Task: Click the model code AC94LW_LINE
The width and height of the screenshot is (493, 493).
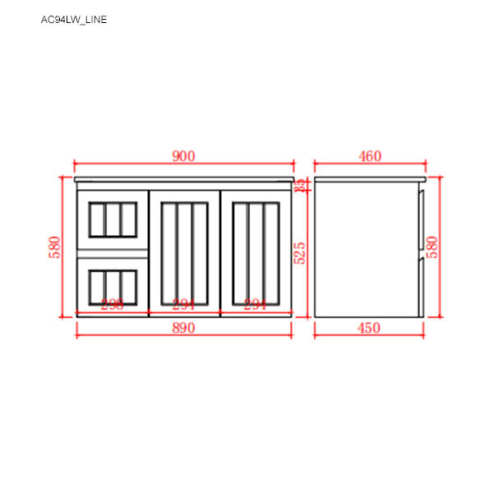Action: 74,20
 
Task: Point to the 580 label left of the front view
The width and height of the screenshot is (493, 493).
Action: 55,247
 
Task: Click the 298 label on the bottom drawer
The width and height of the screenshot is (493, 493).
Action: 112,304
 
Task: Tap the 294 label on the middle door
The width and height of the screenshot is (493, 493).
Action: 184,304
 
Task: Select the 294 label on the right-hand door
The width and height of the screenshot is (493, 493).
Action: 256,304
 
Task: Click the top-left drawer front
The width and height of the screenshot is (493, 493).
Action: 112,219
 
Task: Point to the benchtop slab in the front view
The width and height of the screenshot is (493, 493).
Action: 184,178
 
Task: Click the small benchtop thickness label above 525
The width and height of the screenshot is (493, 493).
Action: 301,185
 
